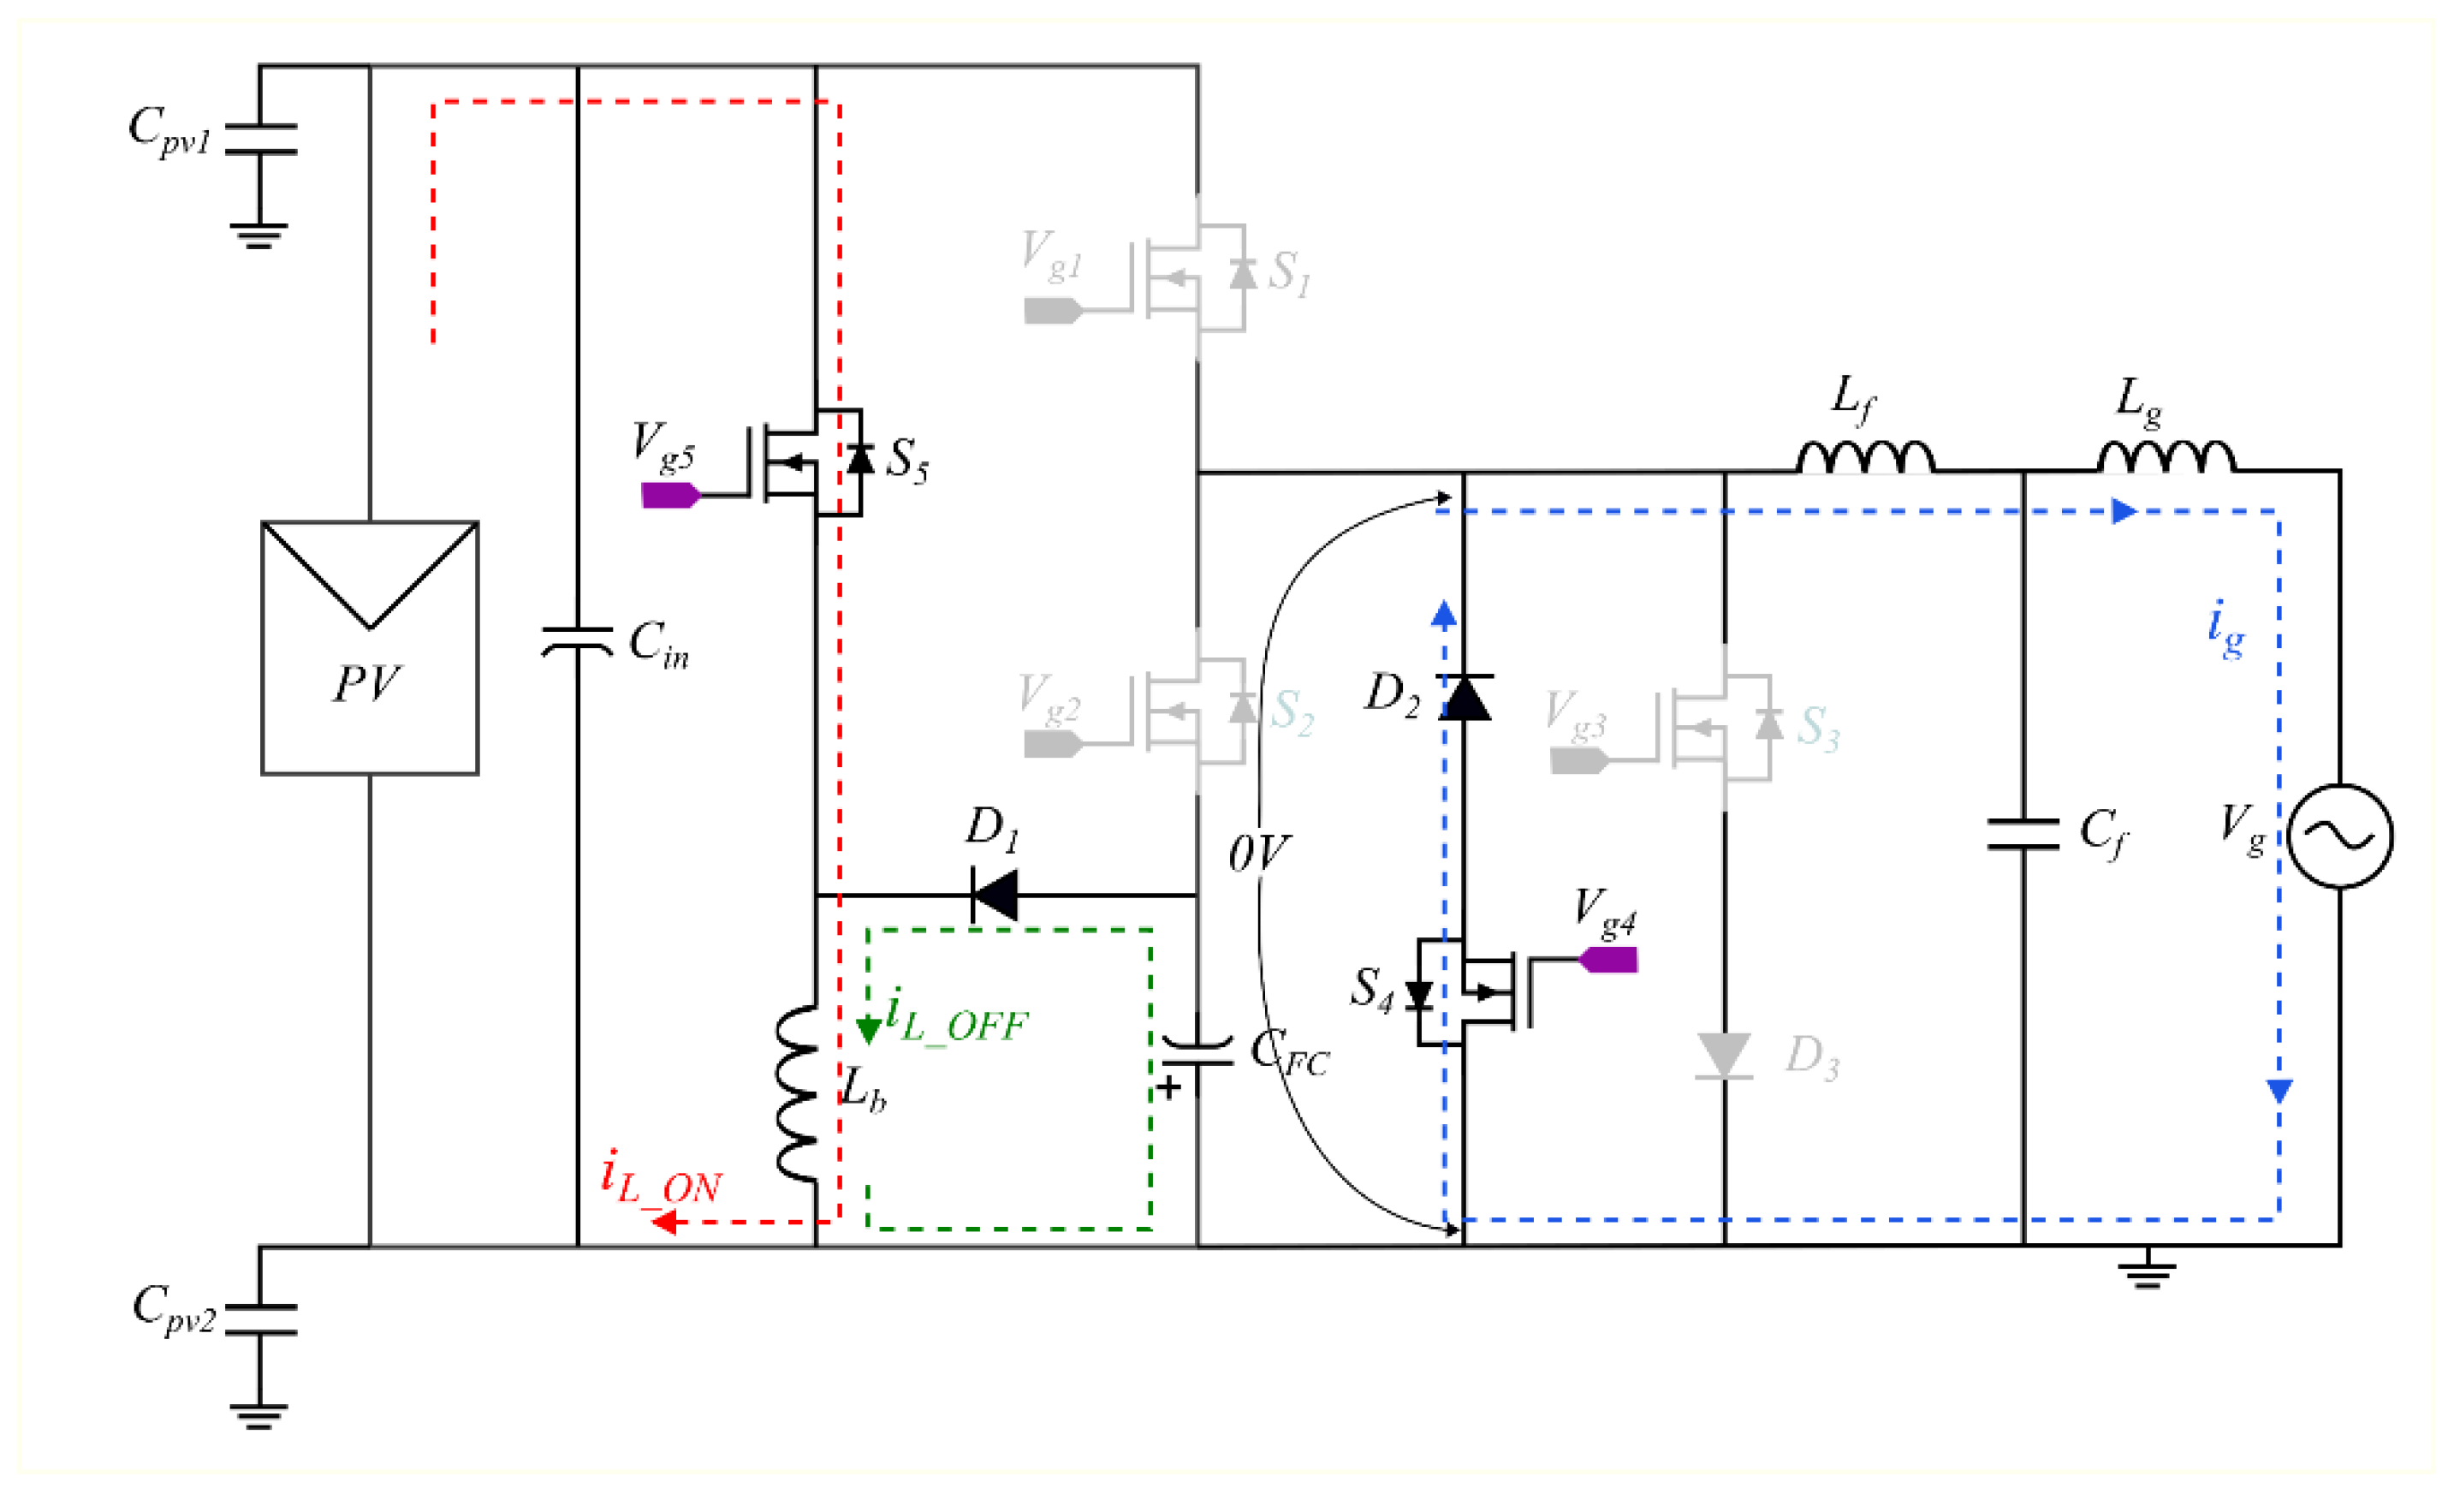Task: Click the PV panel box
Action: pyautogui.click(x=370, y=647)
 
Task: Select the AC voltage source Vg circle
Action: pyautogui.click(x=2339, y=836)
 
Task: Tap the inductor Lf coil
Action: pyautogui.click(x=1865, y=457)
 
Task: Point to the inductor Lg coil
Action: pyautogui.click(x=2166, y=457)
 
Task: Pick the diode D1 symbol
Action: pyautogui.click(x=995, y=895)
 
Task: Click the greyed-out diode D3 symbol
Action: pyautogui.click(x=1724, y=1056)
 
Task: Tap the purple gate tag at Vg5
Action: pyautogui.click(x=669, y=495)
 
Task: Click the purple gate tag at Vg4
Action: pyautogui.click(x=1610, y=960)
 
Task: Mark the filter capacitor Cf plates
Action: pyautogui.click(x=2023, y=835)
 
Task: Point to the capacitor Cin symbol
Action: pyautogui.click(x=578, y=642)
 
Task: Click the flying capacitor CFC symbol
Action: pyautogui.click(x=1197, y=1053)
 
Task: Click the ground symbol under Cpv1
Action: pyautogui.click(x=259, y=237)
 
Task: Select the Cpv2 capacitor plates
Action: pyautogui.click(x=260, y=1318)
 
